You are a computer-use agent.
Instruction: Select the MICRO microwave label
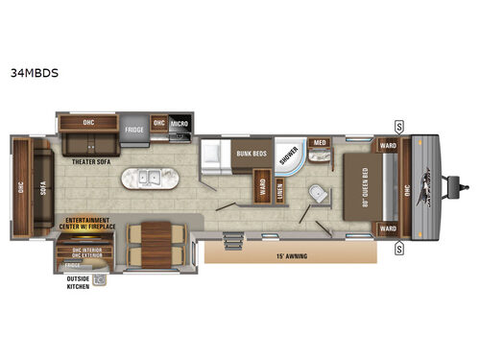click(180, 125)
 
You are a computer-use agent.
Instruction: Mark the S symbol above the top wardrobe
click(398, 124)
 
